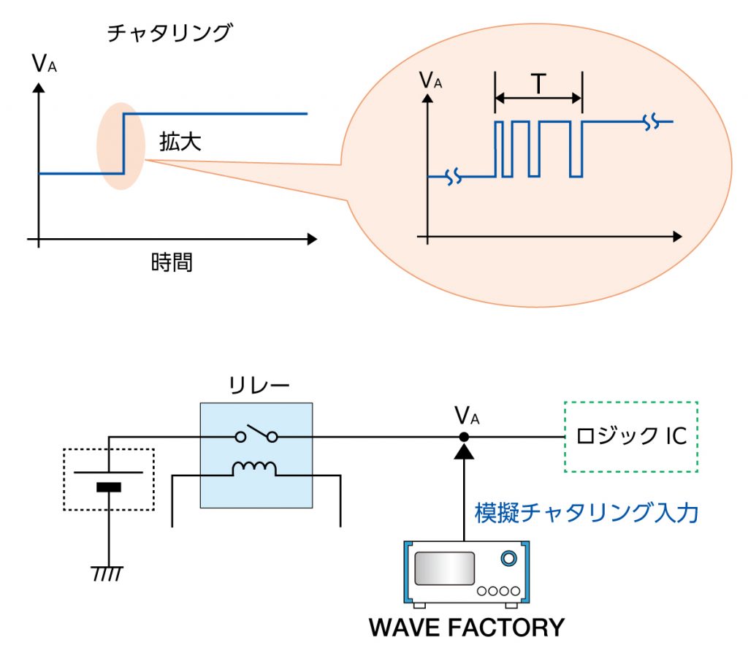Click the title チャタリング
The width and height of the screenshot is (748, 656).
point(169,33)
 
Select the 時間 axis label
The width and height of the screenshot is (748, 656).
point(172,262)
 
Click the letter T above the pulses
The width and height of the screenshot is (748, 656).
point(538,85)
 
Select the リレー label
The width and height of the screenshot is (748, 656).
point(257,386)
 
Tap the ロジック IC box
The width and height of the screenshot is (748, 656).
point(631,436)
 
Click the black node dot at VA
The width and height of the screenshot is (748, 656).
point(464,437)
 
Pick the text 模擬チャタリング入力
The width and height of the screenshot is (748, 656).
point(587,514)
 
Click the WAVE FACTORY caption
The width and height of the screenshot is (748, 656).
point(466,627)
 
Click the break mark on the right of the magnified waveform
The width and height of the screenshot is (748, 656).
point(652,123)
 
